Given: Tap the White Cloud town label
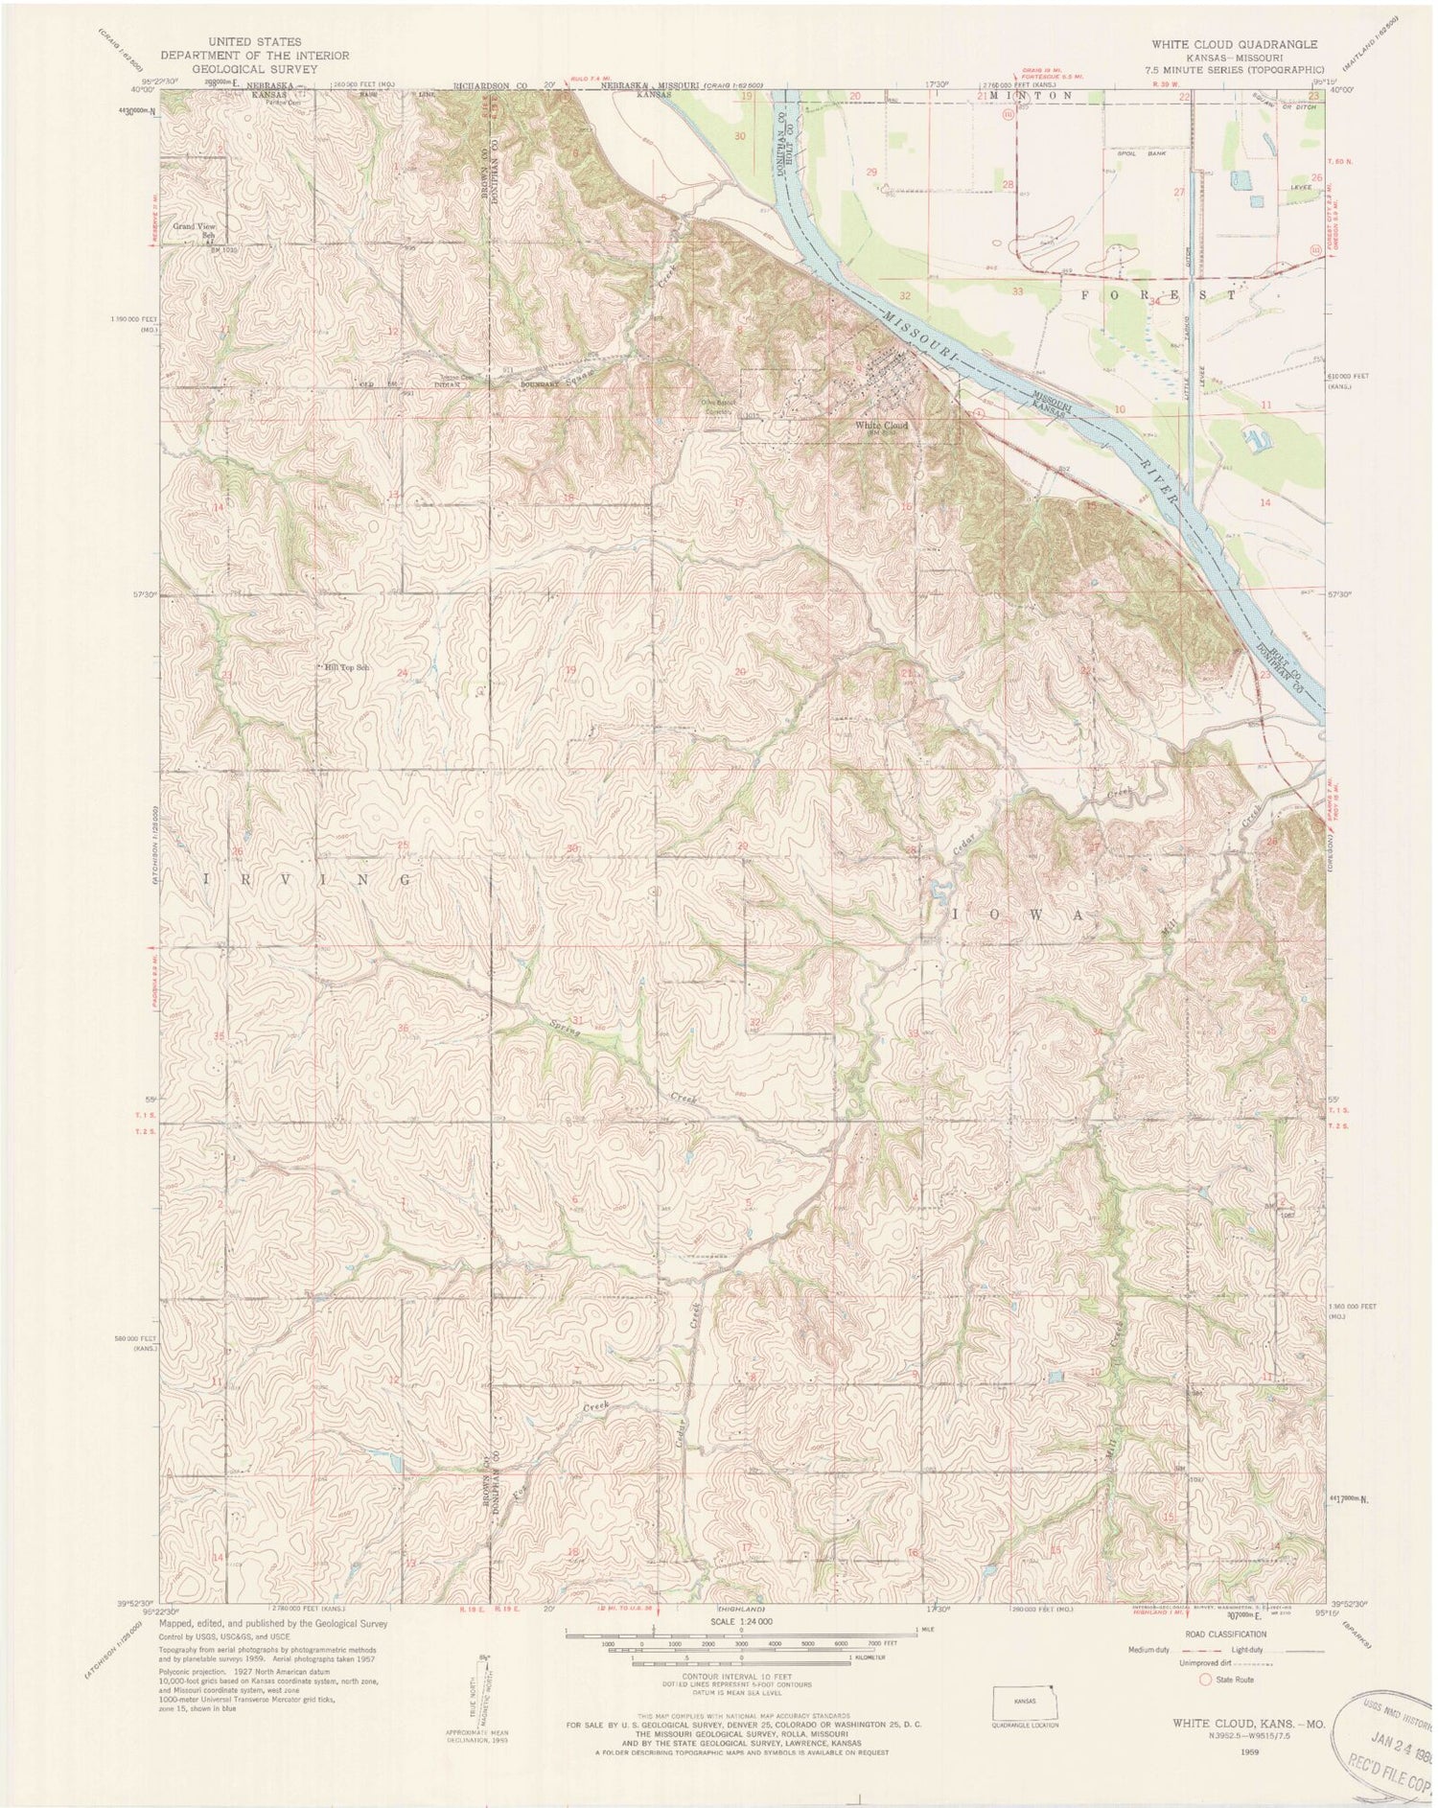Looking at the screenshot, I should pyautogui.click(x=881, y=426).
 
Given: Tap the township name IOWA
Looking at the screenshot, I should pyautogui.click(x=1019, y=916).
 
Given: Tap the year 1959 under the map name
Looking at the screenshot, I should pyautogui.click(x=1246, y=1750).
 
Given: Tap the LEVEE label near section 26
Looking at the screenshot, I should pyautogui.click(x=1300, y=188).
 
